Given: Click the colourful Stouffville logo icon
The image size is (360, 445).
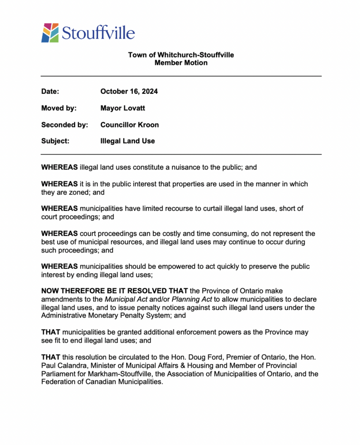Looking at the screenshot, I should pos(50,33).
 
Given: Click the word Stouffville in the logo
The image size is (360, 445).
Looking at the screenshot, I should pos(98,33).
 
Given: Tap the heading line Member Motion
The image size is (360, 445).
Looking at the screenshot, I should pos(181,63).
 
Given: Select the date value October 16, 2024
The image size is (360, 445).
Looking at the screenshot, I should pos(129,91).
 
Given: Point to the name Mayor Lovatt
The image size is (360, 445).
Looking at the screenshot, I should pos(123,108).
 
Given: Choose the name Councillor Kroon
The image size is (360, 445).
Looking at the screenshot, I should pos(129,125).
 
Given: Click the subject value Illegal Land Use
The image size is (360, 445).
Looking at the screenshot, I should pos(127,141).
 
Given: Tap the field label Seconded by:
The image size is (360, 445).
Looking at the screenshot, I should pos(64,125).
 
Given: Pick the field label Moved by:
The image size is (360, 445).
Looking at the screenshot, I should pos(59,108).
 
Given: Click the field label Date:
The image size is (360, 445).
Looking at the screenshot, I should pos(50,91).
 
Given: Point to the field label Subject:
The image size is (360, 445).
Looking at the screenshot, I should pos(55,141).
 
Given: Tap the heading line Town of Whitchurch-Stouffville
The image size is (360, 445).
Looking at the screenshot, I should pos(181,55).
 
